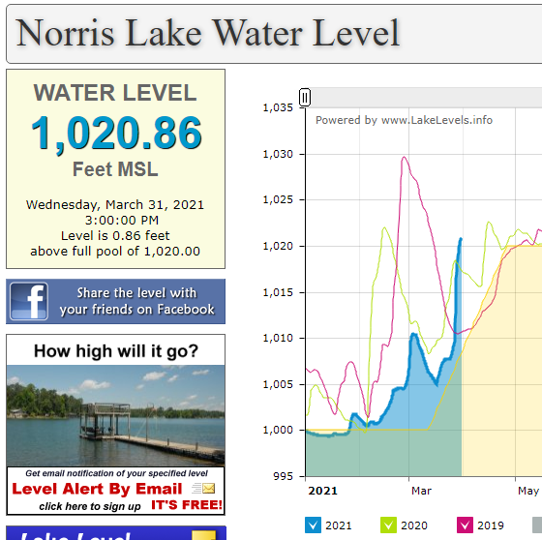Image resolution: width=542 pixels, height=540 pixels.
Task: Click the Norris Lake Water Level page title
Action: (x=208, y=33)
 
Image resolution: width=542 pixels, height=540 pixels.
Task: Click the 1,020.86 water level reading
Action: (x=116, y=134)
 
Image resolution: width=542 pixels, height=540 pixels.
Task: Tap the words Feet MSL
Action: (x=115, y=169)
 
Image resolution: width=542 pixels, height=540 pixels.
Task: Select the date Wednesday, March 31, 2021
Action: (x=115, y=204)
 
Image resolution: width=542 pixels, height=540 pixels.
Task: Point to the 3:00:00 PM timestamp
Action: (x=122, y=221)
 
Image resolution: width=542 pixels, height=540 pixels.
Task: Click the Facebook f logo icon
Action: (x=29, y=301)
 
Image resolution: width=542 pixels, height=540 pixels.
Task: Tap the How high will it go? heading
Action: (x=116, y=351)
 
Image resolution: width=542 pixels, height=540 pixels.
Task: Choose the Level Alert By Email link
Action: (x=97, y=489)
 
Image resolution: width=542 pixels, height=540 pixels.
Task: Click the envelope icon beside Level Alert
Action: (x=208, y=488)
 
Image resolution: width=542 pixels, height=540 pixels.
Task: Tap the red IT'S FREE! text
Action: (x=187, y=505)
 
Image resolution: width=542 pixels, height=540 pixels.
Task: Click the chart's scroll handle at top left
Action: (x=305, y=97)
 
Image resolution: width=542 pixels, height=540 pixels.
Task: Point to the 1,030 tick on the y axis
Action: (x=302, y=154)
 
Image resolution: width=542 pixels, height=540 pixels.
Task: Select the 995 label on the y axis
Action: (x=283, y=476)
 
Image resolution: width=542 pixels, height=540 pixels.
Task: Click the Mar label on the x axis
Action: (x=421, y=491)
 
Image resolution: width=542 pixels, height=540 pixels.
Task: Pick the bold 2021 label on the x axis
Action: (x=322, y=491)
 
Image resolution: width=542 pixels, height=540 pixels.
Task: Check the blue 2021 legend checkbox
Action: (x=313, y=525)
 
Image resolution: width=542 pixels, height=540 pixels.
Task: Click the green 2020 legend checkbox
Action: (x=388, y=525)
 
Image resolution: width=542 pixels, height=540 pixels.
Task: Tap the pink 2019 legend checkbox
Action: (x=465, y=525)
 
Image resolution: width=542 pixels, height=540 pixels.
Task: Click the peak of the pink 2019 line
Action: (x=404, y=158)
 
